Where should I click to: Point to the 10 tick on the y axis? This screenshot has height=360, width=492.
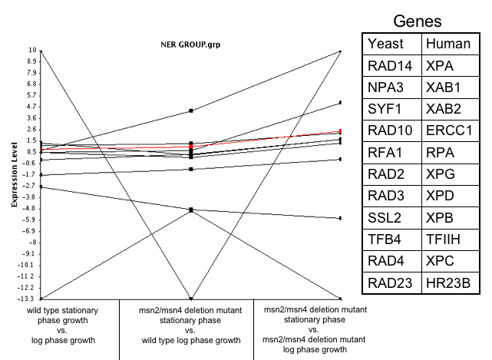pos(33,51)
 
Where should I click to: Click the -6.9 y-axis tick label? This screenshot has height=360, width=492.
pos(29,230)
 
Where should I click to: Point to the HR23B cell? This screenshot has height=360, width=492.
pos(448,284)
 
